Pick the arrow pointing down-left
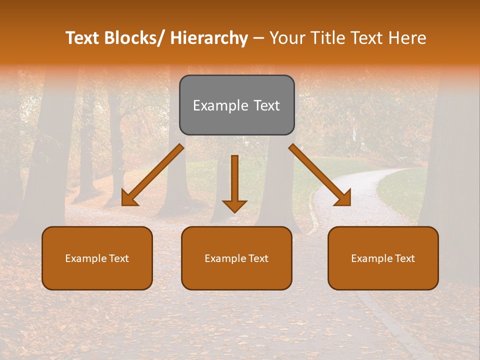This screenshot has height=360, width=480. (x=152, y=175)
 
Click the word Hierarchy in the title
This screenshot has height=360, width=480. (x=209, y=38)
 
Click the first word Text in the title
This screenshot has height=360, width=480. (x=83, y=38)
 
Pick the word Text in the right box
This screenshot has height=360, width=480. (x=404, y=258)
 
